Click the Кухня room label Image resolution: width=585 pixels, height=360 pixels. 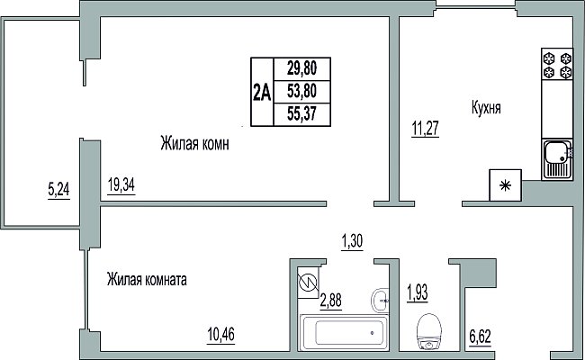pyautogui.click(x=486, y=108)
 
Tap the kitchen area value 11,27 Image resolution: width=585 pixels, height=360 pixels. pyautogui.click(x=425, y=128)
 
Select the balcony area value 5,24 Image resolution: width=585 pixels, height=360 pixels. pyautogui.click(x=58, y=190)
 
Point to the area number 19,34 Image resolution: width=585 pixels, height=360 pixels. pyautogui.click(x=121, y=185)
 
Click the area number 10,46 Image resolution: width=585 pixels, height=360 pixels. pyautogui.click(x=220, y=334)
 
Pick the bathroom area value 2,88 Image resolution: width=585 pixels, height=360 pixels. pyautogui.click(x=330, y=300)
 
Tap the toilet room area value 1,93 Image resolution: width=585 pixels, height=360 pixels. pyautogui.click(x=417, y=293)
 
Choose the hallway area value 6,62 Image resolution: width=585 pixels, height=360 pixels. pyautogui.click(x=480, y=337)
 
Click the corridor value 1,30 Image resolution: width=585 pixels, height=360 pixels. pyautogui.click(x=352, y=241)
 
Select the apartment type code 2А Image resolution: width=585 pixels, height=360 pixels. pyautogui.click(x=262, y=92)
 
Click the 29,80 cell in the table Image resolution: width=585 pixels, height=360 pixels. pyautogui.click(x=301, y=68)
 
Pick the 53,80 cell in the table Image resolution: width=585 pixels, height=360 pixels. pyautogui.click(x=301, y=91)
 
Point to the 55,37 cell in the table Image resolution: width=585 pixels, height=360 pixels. pyautogui.click(x=301, y=113)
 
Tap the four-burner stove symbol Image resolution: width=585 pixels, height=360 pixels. pyautogui.click(x=557, y=64)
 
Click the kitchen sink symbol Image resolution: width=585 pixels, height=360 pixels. pyautogui.click(x=557, y=159)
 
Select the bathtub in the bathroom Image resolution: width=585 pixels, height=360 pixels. pyautogui.click(x=344, y=332)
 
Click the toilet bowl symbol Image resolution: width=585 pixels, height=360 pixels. pyautogui.click(x=430, y=331)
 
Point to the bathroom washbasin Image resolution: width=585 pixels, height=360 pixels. pyautogui.click(x=380, y=300)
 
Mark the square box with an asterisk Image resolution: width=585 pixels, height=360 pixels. pyautogui.click(x=506, y=185)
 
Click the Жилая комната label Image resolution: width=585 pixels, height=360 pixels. pyautogui.click(x=147, y=279)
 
